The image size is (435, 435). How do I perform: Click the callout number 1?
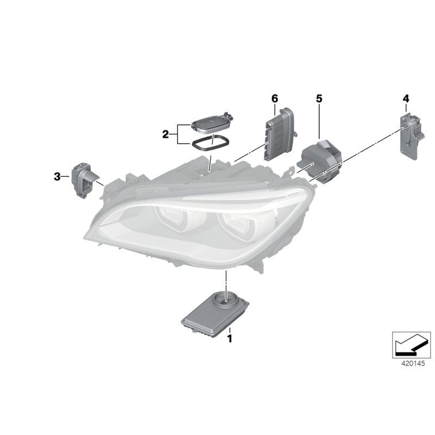229,339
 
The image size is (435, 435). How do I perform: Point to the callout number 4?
406,98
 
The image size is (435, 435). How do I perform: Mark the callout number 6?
275,98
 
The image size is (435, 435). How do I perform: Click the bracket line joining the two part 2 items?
178,134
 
